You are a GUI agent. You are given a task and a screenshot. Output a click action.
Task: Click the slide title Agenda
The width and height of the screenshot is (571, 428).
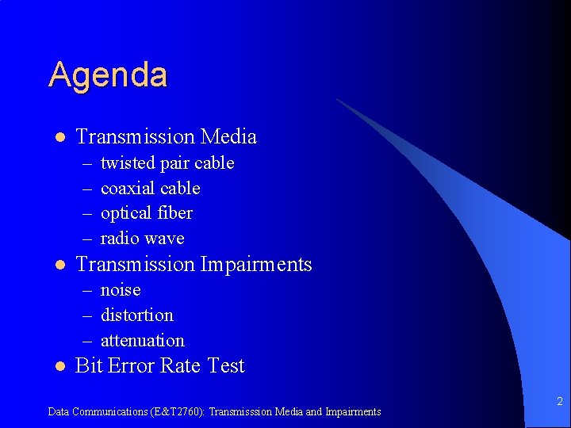[x=108, y=75]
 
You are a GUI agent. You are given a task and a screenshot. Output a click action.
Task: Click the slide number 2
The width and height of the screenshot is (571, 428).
[x=559, y=402]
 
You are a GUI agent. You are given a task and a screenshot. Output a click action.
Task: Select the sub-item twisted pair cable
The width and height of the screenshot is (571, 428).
[x=167, y=163]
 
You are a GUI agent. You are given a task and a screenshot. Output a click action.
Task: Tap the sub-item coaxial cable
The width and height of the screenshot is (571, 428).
[x=150, y=189]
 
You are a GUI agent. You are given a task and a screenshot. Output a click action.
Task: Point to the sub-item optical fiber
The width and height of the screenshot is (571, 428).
[x=147, y=213]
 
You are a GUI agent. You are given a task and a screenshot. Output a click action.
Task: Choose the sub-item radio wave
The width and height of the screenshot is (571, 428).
[x=142, y=239]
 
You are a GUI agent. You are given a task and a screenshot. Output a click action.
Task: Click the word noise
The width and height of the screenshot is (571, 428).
[x=121, y=290]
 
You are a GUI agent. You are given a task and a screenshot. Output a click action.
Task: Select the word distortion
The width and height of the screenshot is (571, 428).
[x=136, y=315]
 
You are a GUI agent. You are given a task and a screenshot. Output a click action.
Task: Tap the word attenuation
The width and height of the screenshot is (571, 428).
[x=142, y=341]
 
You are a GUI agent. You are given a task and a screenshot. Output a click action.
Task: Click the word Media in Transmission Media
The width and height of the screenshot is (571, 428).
[x=228, y=137]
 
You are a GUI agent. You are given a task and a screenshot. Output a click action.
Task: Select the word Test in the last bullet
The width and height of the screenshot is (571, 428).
[x=225, y=366]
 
